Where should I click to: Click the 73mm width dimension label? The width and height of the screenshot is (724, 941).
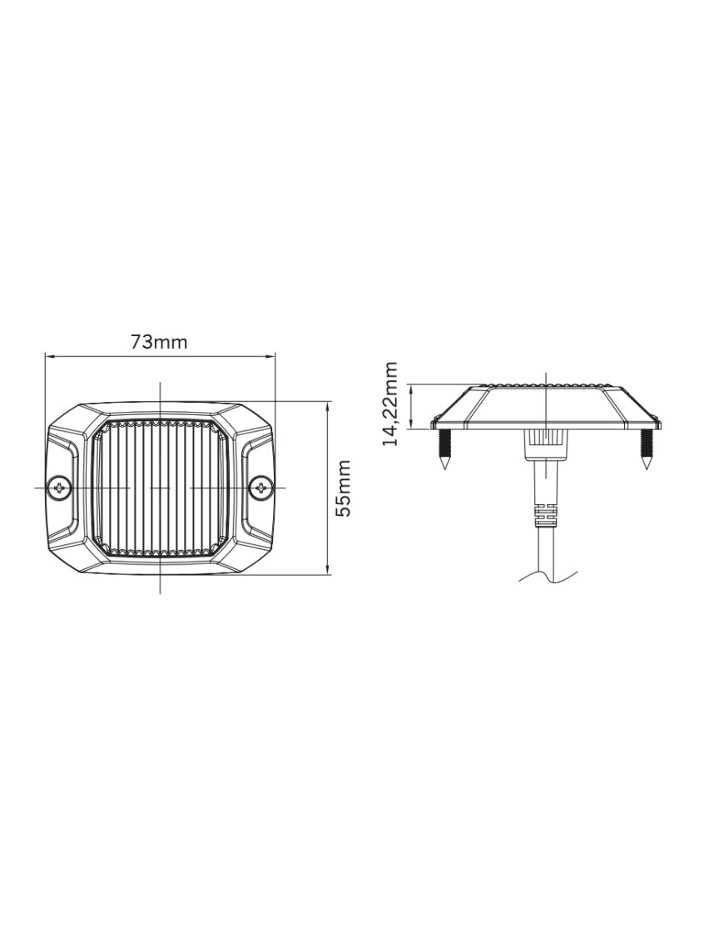158,341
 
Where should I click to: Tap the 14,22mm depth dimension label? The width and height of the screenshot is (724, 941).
390,404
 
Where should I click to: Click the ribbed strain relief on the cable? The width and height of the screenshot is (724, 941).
544,516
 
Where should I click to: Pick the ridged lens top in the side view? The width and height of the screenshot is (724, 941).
545,387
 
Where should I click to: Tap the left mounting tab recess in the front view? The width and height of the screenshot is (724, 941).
64,488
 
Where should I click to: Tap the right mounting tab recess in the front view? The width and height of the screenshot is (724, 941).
256,488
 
